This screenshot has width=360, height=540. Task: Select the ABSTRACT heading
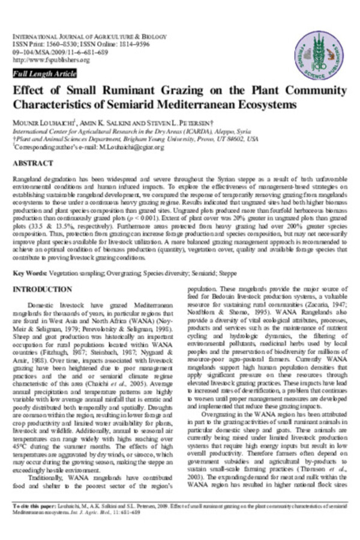[29, 163]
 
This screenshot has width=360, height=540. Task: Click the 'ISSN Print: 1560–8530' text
[40, 45]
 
